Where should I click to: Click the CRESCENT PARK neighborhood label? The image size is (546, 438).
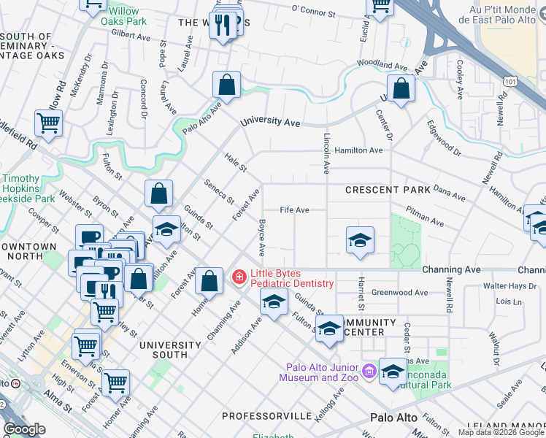388,190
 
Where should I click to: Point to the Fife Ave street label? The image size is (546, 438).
294,210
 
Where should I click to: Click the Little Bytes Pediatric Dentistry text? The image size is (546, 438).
291,278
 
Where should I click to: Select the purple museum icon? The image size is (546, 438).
369,372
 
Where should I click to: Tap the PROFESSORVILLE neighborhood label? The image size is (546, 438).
266,416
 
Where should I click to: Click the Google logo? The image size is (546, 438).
24,429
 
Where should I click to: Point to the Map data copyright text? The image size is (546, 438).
501,432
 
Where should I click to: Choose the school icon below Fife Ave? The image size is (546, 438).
360,240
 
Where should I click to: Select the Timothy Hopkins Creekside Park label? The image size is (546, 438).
28,188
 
